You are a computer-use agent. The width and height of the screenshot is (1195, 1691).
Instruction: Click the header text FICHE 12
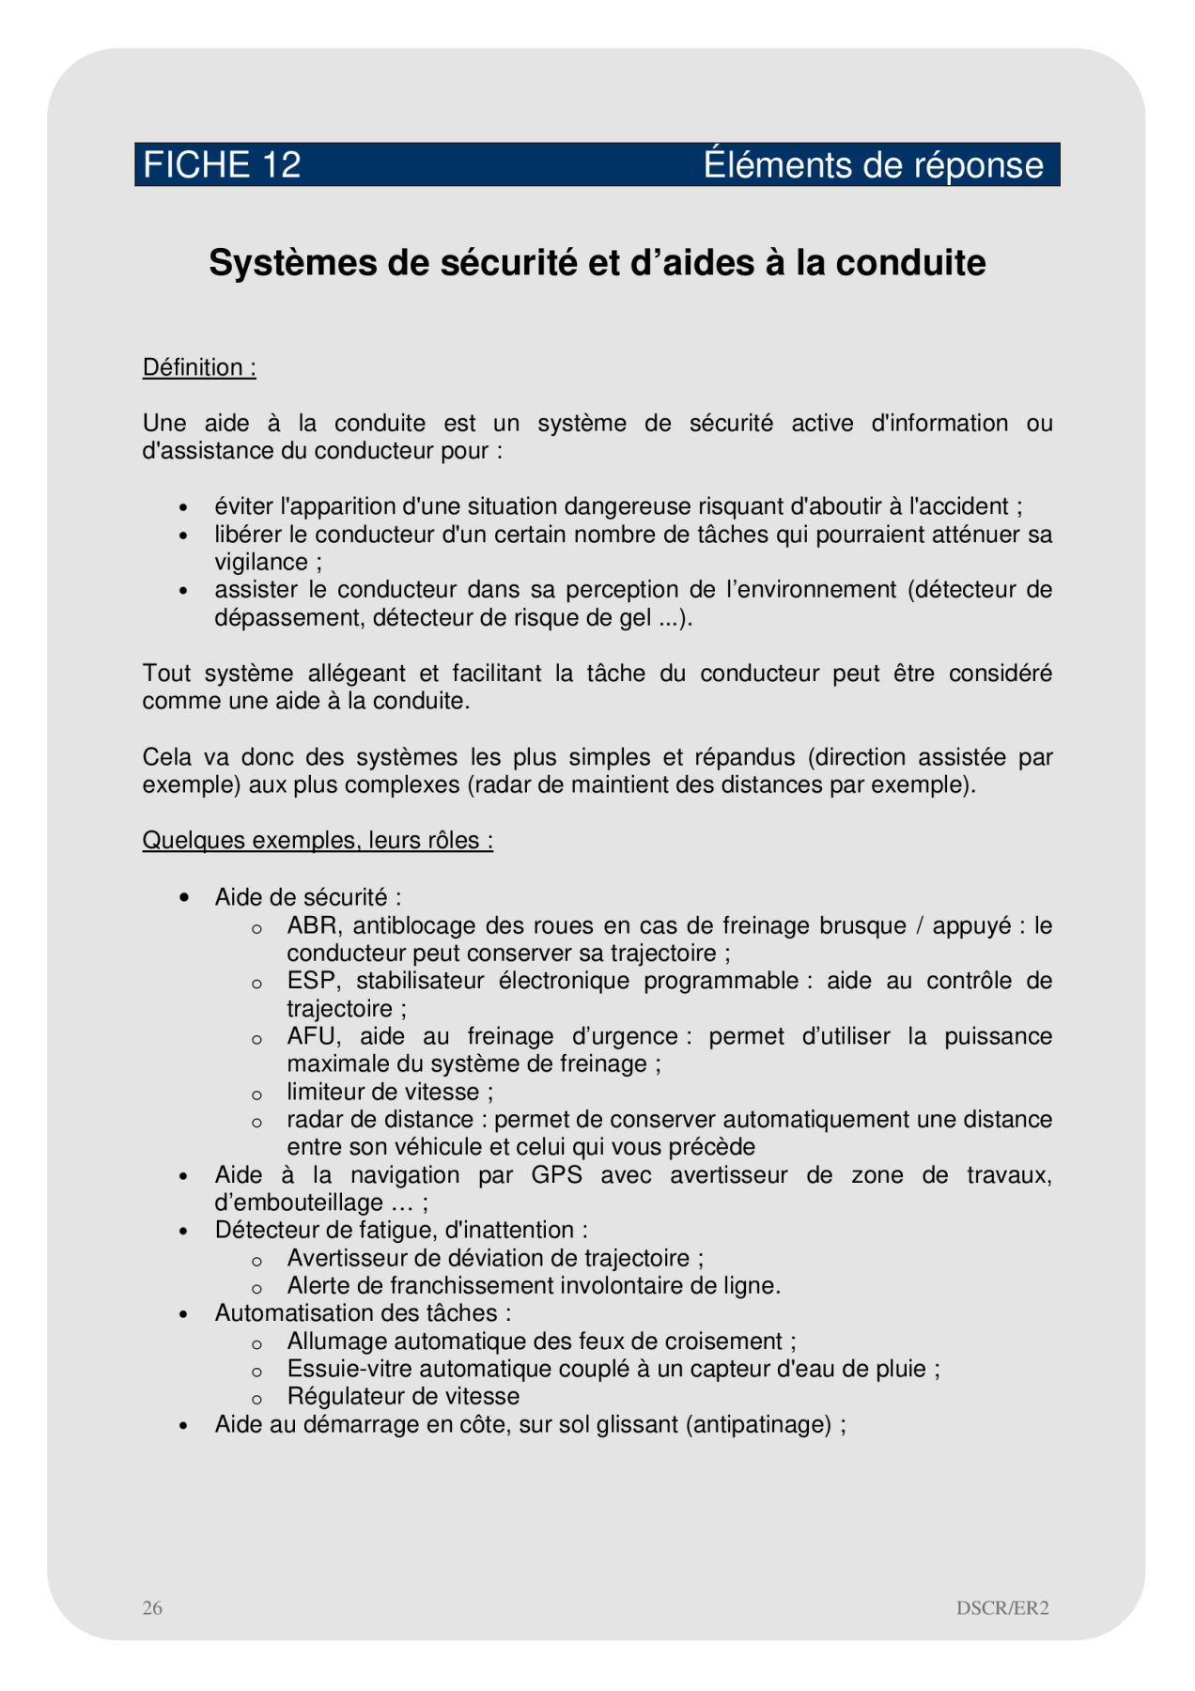point(222,165)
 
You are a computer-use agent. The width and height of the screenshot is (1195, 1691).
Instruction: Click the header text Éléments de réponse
point(873,165)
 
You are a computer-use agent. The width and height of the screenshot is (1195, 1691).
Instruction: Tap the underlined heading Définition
point(199,367)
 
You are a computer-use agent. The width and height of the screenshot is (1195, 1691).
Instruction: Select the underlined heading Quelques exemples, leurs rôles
point(318,840)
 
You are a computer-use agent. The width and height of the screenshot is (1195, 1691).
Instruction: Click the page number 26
point(152,1607)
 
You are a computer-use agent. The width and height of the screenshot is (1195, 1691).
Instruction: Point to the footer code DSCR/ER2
point(1002,1607)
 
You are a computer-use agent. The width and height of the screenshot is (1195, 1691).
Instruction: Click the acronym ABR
point(312,925)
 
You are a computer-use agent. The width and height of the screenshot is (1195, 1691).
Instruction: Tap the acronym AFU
point(311,1036)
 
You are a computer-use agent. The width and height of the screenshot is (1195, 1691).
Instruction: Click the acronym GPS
point(556,1175)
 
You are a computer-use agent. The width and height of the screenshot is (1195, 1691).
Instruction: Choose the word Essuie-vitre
point(347,1369)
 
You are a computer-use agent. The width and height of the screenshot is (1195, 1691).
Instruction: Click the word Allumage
point(333,1342)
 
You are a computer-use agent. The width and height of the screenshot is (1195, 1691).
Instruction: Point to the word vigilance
point(261,562)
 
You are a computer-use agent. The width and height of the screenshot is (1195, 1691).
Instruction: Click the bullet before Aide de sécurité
point(184,898)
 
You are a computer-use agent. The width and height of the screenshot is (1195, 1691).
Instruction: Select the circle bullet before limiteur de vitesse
point(256,1094)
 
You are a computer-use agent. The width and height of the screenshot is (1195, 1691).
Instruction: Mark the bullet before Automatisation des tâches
point(184,1314)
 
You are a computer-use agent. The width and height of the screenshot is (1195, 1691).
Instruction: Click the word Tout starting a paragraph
point(166,674)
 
